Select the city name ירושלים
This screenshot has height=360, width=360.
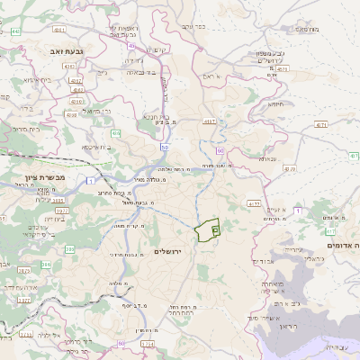tap(168, 251)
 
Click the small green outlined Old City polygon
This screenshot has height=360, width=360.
tap(208, 229)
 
